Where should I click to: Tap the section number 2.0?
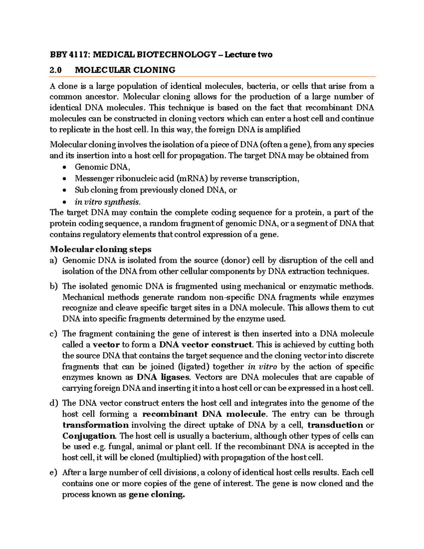pyautogui.click(x=55, y=70)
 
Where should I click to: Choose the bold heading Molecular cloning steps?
pyautogui.click(x=101, y=249)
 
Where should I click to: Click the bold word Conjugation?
pyautogui.click(x=89, y=436)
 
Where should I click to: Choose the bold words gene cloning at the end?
pyautogui.click(x=157, y=495)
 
